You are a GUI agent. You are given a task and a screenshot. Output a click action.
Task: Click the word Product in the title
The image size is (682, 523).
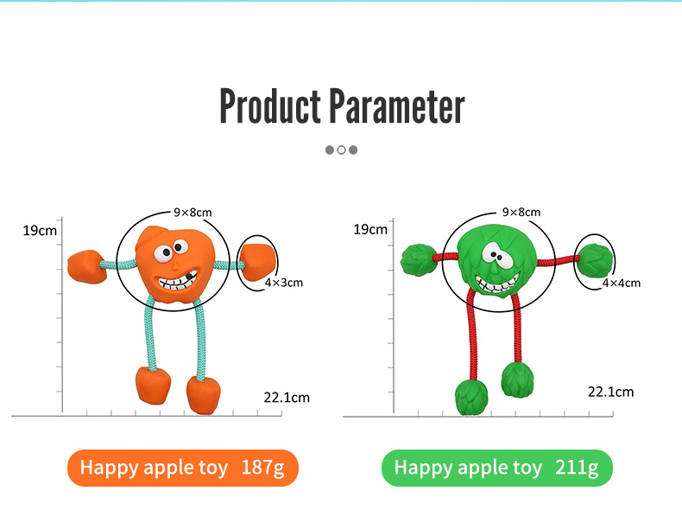pyautogui.click(x=270, y=105)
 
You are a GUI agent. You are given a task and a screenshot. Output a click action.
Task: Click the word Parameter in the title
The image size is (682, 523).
pyautogui.click(x=396, y=105)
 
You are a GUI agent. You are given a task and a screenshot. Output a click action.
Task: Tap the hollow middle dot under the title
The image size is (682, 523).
pyautogui.click(x=342, y=150)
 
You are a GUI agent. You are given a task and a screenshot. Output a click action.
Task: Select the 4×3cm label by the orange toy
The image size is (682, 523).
pyautogui.click(x=284, y=282)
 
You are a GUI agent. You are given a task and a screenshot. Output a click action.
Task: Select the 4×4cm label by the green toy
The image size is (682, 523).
pyautogui.click(x=621, y=283)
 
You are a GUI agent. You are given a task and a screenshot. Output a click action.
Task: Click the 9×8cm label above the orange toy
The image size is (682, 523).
pyautogui.click(x=193, y=212)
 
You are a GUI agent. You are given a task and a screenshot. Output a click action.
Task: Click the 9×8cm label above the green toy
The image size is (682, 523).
pyautogui.click(x=521, y=212)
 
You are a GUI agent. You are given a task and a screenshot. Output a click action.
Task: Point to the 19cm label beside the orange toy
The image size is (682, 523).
pyautogui.click(x=40, y=230)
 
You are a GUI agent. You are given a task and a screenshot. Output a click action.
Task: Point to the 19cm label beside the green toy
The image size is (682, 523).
pyautogui.click(x=370, y=229)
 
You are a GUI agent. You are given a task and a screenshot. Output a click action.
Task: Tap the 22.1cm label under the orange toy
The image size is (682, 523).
pyautogui.click(x=287, y=397)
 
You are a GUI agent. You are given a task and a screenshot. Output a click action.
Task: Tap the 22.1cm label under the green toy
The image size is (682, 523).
pyautogui.click(x=610, y=392)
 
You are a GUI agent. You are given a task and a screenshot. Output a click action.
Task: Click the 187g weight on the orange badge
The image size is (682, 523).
pyautogui.click(x=262, y=468)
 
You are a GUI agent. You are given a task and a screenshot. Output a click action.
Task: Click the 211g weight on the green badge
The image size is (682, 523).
pyautogui.click(x=577, y=468)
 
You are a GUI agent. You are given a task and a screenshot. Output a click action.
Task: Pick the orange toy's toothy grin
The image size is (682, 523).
pyautogui.click(x=178, y=281)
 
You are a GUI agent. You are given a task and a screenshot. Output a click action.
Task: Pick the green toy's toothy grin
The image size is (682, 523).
pyautogui.click(x=497, y=283)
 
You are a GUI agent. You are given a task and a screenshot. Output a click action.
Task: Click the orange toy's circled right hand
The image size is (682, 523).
pyautogui.click(x=258, y=262)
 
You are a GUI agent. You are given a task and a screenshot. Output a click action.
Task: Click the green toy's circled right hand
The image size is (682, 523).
pyautogui.click(x=595, y=259)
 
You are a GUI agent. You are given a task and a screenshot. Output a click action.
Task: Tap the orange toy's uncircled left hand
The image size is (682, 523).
pyautogui.click(x=86, y=266)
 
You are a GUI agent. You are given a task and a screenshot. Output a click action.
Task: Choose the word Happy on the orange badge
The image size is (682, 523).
pyautogui.click(x=109, y=469)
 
